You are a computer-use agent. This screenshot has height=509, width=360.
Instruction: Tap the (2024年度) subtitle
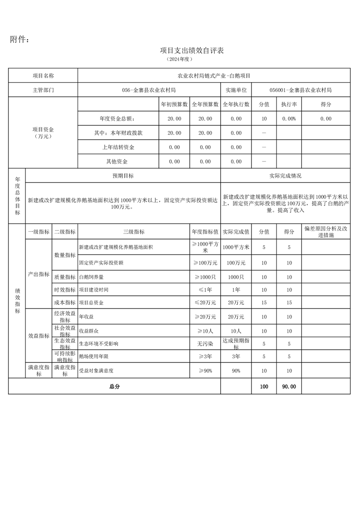[180, 59]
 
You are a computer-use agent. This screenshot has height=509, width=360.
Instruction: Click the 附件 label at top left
[20, 39]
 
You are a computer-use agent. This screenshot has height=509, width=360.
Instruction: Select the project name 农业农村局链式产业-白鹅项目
[214, 76]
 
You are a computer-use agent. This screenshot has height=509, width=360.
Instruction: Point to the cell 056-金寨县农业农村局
[149, 90]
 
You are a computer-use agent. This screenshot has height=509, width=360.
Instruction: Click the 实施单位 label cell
[236, 90]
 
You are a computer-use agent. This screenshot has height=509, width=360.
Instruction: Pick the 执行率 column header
[289, 104]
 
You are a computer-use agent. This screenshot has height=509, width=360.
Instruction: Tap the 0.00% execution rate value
[289, 118]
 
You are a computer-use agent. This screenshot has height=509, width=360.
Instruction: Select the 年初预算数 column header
[174, 104]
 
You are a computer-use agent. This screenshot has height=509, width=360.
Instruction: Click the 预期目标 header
[123, 176]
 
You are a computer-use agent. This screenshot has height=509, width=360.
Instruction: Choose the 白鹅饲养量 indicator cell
[91, 277]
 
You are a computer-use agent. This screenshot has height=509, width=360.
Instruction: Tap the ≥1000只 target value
[205, 277]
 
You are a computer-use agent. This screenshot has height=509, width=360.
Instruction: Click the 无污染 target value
[205, 343]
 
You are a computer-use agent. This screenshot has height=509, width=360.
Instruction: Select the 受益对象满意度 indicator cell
[96, 371]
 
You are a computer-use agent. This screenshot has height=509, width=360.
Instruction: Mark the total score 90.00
[289, 387]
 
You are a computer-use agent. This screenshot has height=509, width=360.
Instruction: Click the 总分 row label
[114, 387]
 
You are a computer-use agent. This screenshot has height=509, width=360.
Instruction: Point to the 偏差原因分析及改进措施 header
[325, 232]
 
